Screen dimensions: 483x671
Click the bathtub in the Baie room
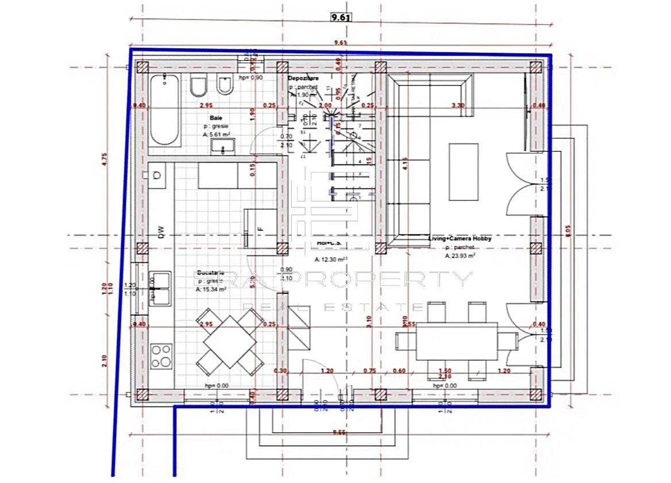point(166,110)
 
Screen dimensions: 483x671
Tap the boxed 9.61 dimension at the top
point(340,17)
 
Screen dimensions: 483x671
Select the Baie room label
point(216,118)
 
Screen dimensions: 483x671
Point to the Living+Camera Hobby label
point(460,238)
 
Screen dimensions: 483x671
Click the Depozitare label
point(303,78)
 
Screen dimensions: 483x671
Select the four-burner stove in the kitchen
point(161,356)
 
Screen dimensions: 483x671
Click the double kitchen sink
point(160,288)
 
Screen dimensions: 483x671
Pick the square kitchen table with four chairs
point(229,341)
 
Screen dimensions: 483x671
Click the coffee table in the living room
point(463,172)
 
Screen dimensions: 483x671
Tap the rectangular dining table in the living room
point(457,342)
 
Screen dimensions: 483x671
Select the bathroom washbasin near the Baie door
point(221,148)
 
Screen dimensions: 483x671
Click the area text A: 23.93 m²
point(460,256)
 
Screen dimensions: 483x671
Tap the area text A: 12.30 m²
point(330,260)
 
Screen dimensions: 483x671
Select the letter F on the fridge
point(260,229)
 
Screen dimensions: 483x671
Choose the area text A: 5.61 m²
point(216,134)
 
